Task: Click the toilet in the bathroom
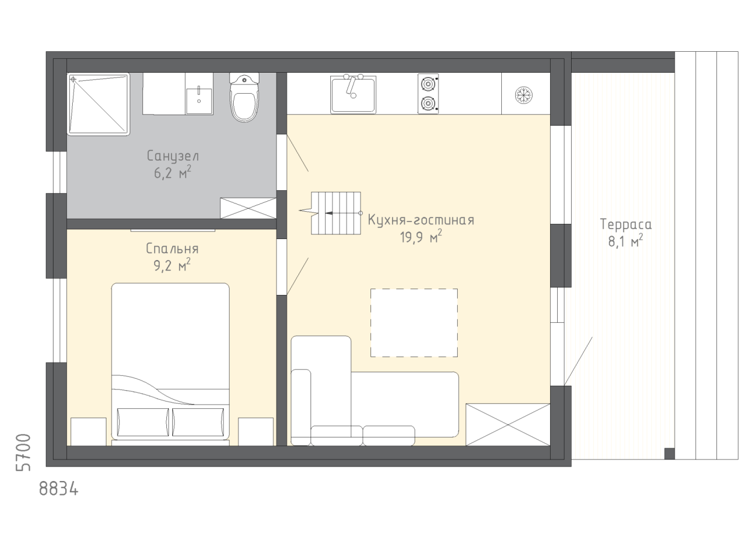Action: point(244,98)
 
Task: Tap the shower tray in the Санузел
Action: point(98,104)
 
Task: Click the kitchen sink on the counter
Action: point(353,94)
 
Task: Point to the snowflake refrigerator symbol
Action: point(524,95)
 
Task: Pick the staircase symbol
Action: point(336,213)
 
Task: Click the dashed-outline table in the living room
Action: point(414,323)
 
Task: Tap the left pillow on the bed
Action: point(142,422)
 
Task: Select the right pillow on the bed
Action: point(198,422)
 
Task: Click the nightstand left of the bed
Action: point(88,432)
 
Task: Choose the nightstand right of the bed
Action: point(256,432)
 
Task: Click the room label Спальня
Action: point(172,249)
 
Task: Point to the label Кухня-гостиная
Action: point(421,220)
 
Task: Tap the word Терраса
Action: point(626,225)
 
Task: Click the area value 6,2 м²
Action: point(173,173)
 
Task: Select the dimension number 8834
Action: point(59,489)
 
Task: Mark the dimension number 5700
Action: point(23,453)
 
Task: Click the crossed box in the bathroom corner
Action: point(248,208)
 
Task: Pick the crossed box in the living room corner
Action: point(508,425)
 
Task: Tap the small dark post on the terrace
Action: point(669,454)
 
